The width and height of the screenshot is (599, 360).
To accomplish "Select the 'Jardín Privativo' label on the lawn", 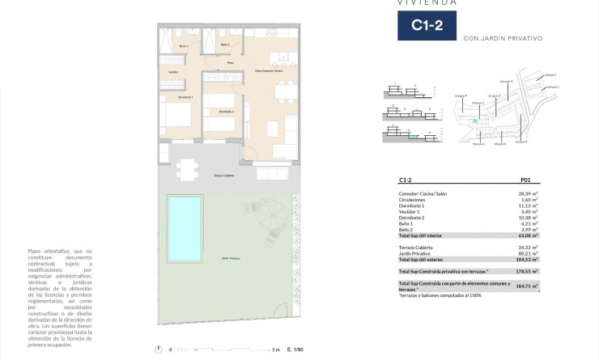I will click(231, 258).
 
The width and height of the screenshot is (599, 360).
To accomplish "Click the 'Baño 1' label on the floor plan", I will click(183, 47).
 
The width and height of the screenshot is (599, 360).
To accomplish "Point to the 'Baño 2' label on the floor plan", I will click(224, 44).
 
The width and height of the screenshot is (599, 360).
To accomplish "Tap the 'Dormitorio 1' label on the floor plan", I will click(174, 97).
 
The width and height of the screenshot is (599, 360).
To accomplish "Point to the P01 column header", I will click(524, 181).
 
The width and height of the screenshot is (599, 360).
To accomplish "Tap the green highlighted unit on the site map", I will click(476, 121).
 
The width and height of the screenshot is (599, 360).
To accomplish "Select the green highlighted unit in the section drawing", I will click(414, 138).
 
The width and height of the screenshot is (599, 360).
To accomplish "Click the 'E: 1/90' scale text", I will click(295, 349).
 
